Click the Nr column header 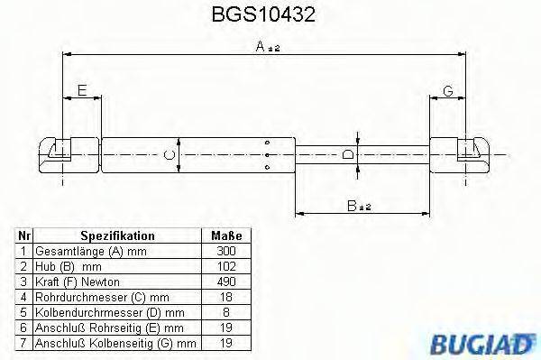(x=25, y=234)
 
